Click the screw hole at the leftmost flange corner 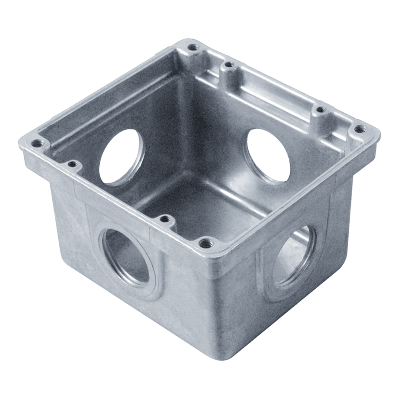pos(38,144)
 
